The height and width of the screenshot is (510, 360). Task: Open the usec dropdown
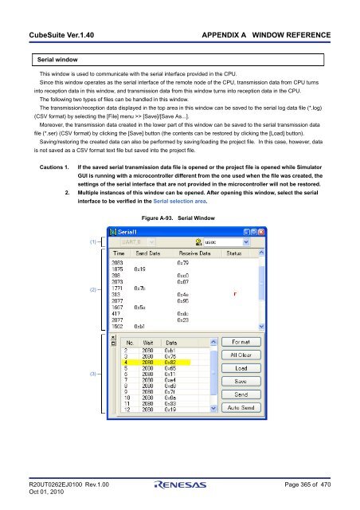coord(245,241)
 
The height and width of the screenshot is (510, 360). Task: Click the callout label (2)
coord(94,292)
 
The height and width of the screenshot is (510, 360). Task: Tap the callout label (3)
coord(94,373)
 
